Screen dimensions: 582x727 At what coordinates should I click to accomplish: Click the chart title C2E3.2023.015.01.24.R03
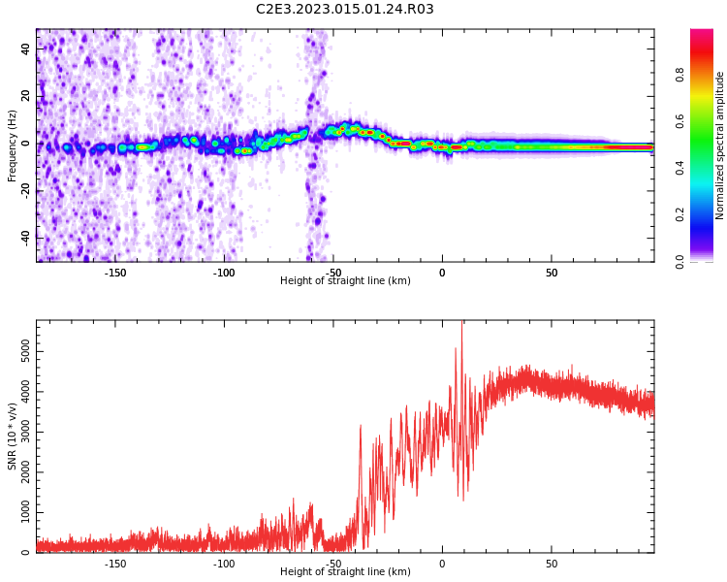click(344, 10)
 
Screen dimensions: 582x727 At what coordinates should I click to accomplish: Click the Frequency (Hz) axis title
click(13, 145)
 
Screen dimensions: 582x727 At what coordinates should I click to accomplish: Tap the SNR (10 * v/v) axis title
click(13, 436)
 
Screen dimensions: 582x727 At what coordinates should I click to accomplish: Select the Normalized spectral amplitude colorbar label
click(720, 145)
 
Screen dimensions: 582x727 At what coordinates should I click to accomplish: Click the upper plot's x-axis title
click(345, 281)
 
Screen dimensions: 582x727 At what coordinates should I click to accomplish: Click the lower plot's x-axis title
click(345, 572)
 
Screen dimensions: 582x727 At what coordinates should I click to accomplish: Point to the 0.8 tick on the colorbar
click(680, 74)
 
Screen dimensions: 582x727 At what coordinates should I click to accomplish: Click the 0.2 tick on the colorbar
click(680, 214)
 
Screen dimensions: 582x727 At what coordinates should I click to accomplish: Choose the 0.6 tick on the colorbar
click(680, 120)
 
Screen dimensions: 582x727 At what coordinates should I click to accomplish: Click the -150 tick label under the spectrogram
click(115, 273)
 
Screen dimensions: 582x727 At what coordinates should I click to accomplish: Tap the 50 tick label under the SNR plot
click(552, 564)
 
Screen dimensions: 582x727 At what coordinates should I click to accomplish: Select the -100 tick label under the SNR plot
click(224, 564)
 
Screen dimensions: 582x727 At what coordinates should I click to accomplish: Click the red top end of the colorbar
click(702, 34)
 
